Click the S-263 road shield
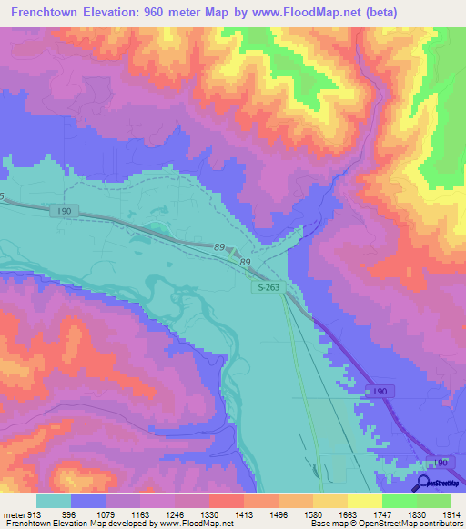point(263,286)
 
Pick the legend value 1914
point(447,514)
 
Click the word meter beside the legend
point(14,514)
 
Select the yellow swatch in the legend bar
point(364,501)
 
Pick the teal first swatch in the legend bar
point(54,501)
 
